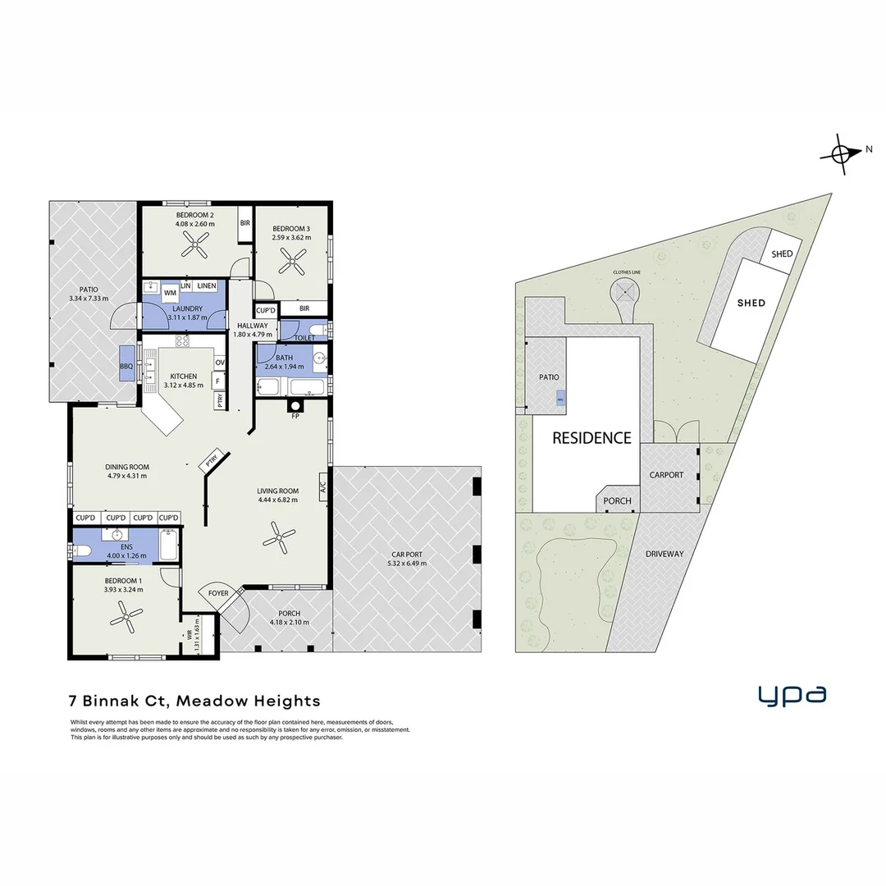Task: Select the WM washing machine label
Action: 170,292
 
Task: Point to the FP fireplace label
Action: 295,416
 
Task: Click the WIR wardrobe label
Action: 190,633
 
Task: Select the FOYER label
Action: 218,592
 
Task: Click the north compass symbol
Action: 842,153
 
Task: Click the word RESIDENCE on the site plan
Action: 591,438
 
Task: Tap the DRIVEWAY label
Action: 664,554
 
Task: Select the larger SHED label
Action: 751,303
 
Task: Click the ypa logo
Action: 792,695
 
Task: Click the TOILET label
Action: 304,338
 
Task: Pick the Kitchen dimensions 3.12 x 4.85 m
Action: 184,386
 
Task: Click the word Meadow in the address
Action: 209,701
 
